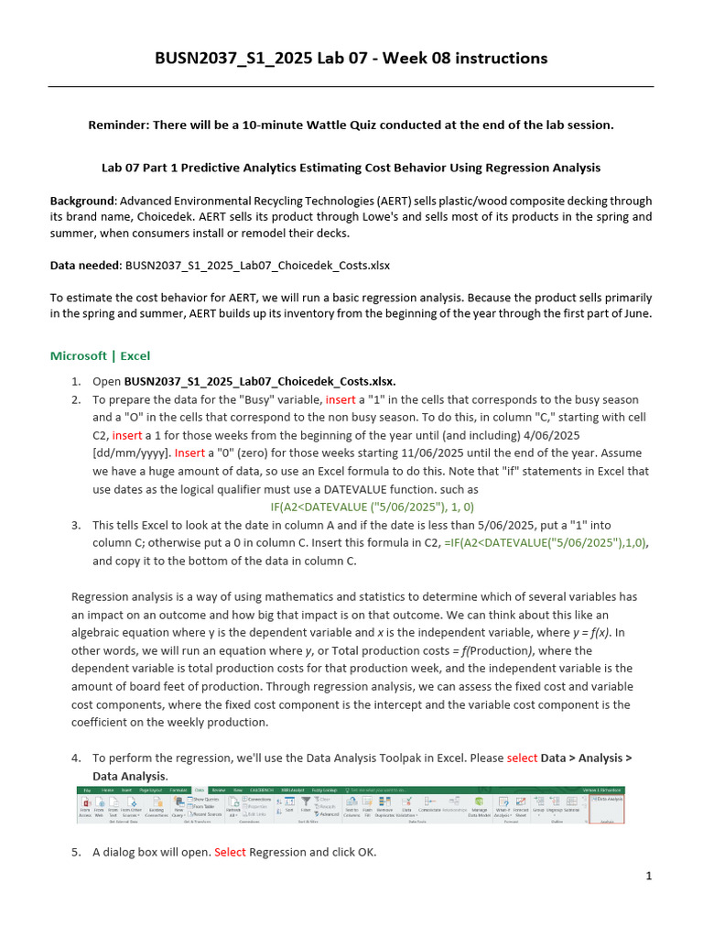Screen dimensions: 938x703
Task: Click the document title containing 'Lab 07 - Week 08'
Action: pyautogui.click(x=351, y=59)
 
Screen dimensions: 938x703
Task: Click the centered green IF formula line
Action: pyautogui.click(x=373, y=507)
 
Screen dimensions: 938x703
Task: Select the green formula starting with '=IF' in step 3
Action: pyautogui.click(x=546, y=542)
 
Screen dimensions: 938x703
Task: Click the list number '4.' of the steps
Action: pyautogui.click(x=76, y=758)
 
